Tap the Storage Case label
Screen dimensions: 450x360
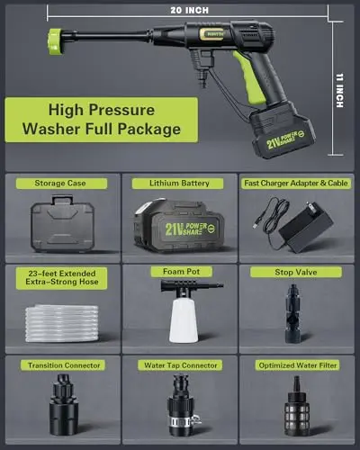(62, 184)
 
